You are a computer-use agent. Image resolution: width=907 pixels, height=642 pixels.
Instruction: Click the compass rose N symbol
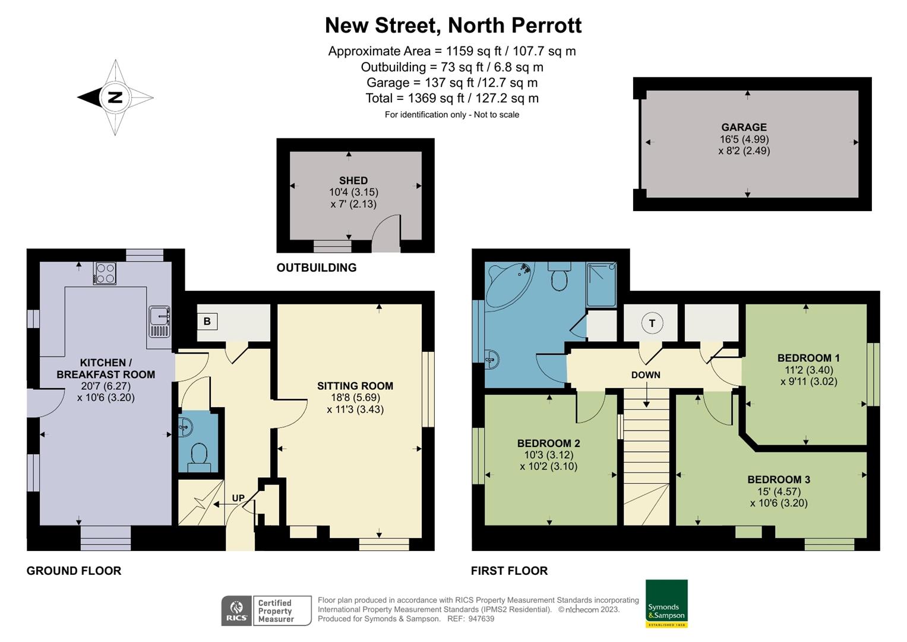(115, 97)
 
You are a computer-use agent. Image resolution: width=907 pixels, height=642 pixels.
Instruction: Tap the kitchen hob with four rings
(105, 273)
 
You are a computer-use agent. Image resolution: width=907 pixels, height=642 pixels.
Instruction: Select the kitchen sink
(160, 322)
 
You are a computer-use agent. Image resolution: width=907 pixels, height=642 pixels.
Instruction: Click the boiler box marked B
(207, 322)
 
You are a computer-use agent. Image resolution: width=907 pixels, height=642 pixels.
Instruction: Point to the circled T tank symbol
(652, 323)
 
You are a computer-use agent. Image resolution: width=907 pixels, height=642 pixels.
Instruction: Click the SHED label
(353, 180)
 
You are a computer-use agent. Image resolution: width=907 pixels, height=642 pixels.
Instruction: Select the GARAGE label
(744, 127)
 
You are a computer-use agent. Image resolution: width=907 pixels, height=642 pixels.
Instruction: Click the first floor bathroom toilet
(559, 277)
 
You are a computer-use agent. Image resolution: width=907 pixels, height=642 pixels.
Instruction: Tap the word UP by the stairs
(238, 498)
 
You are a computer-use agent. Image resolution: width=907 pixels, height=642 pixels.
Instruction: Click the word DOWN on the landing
(646, 375)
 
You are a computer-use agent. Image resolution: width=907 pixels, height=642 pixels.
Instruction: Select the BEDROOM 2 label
(548, 443)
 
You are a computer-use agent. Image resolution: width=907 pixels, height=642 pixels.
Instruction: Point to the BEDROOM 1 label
(808, 358)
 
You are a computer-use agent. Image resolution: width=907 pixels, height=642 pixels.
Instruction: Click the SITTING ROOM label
(355, 386)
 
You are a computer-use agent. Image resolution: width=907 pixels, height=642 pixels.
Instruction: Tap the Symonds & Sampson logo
(666, 603)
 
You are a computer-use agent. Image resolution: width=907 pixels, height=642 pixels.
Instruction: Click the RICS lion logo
(236, 610)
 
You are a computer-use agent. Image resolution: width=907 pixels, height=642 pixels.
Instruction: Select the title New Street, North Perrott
(453, 26)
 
